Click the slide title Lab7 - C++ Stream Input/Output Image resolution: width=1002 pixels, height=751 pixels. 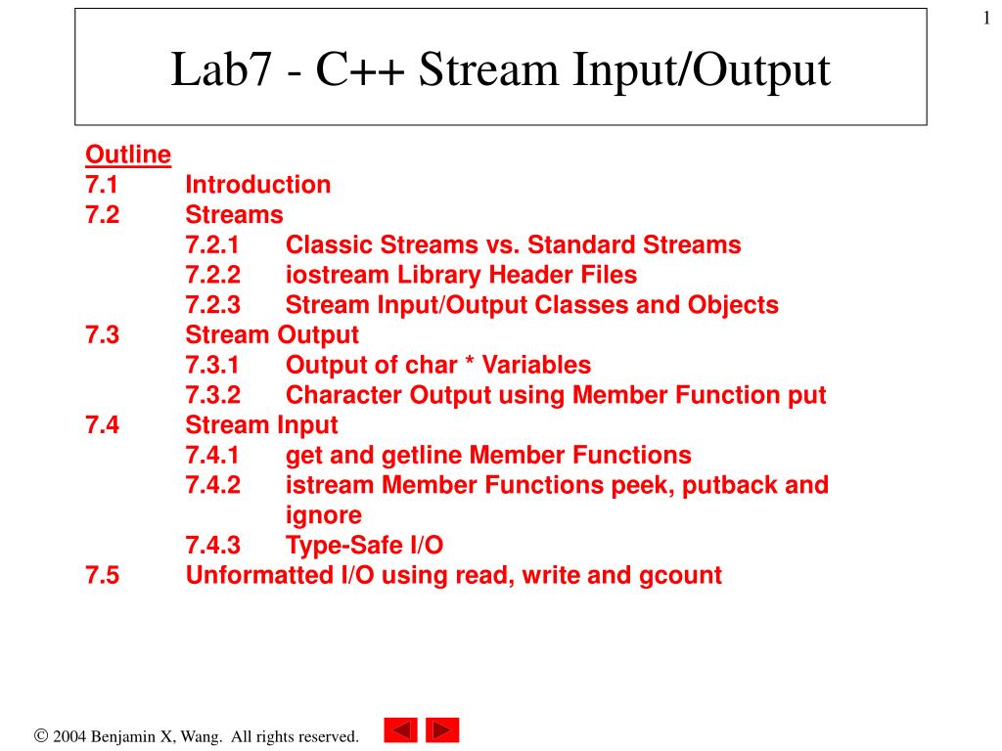500,71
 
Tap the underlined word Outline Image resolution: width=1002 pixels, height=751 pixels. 128,155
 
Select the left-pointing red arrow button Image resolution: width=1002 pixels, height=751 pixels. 400,730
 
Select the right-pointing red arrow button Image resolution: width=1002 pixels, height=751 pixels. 442,730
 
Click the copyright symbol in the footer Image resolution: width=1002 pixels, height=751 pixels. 41,735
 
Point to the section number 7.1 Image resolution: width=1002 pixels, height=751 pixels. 102,185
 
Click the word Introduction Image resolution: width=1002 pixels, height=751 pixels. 258,185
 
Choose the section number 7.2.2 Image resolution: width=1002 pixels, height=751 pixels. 213,275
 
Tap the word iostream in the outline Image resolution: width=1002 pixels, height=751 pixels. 332,275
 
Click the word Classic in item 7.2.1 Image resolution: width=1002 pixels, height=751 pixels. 328,244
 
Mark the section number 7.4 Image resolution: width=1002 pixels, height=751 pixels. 102,425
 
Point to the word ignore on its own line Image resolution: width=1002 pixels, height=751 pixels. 323,515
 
